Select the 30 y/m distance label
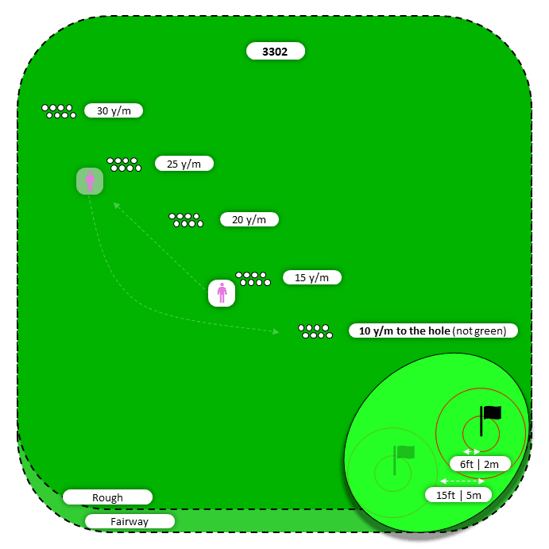(114, 111)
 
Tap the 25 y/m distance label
(184, 164)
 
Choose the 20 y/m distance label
(249, 219)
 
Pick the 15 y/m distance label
(311, 277)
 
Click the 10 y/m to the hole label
(433, 331)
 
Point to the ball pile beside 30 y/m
(59, 111)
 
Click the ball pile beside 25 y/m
(124, 164)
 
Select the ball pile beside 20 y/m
(186, 220)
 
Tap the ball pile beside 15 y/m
(253, 278)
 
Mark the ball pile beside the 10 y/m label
(315, 331)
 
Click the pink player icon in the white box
(222, 293)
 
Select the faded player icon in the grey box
(90, 182)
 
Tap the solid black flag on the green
(489, 418)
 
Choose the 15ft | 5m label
(458, 494)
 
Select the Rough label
(107, 497)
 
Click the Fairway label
(130, 521)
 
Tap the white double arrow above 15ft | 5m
(462, 481)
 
